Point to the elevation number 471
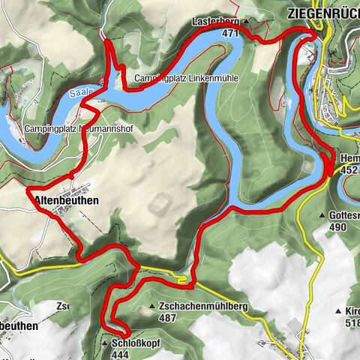click(x=230, y=33)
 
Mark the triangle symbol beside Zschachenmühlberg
click(x=152, y=306)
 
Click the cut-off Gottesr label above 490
click(x=344, y=214)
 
